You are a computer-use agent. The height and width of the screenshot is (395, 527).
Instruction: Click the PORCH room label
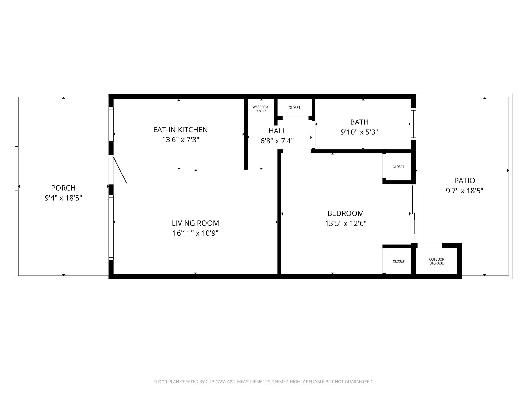pyautogui.click(x=63, y=188)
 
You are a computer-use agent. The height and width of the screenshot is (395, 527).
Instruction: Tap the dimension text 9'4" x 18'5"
pyautogui.click(x=63, y=198)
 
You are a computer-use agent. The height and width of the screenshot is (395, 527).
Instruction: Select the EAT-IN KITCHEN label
pyautogui.click(x=180, y=130)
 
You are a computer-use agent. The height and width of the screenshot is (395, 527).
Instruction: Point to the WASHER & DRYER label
pyautogui.click(x=260, y=109)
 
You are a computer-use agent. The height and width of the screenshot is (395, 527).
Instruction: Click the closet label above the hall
pyautogui.click(x=294, y=108)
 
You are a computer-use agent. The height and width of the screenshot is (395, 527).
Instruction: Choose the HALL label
pyautogui.click(x=277, y=131)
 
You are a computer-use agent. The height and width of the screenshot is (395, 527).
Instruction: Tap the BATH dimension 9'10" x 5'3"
pyautogui.click(x=359, y=132)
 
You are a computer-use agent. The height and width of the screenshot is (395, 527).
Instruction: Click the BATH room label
pyautogui.click(x=359, y=122)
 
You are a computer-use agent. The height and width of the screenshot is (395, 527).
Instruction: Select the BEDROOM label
pyautogui.click(x=345, y=213)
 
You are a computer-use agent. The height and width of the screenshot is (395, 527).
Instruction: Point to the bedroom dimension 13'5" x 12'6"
pyautogui.click(x=345, y=223)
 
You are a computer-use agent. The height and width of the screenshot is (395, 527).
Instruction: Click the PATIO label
pyautogui.click(x=464, y=181)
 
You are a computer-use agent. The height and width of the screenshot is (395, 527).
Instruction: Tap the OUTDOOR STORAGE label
pyautogui.click(x=436, y=261)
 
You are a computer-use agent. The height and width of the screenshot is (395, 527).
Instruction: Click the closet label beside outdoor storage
pyautogui.click(x=399, y=261)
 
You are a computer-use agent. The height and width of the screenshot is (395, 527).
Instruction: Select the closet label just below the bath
pyautogui.click(x=398, y=167)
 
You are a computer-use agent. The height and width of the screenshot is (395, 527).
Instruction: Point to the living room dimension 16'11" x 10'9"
pyautogui.click(x=195, y=233)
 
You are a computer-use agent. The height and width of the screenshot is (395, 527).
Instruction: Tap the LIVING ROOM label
pyautogui.click(x=195, y=223)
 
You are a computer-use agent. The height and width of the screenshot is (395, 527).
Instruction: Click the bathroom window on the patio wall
pyautogui.click(x=413, y=124)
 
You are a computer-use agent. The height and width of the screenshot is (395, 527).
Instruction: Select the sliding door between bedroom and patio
pyautogui.click(x=414, y=213)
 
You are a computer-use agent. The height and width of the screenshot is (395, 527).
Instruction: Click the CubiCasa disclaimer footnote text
pyautogui.click(x=263, y=382)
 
